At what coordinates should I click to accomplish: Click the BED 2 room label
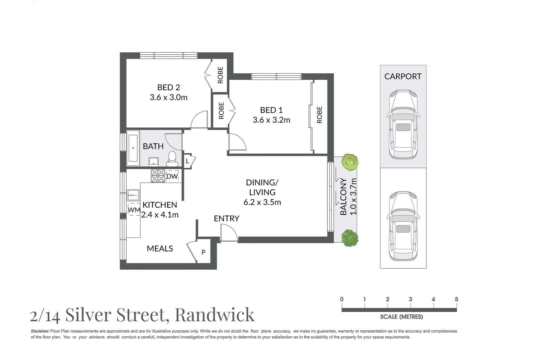[x=168, y=87]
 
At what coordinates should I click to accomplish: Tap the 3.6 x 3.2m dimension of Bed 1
[x=271, y=120]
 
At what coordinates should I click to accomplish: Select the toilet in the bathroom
[x=172, y=158]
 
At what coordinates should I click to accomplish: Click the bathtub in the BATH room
[x=133, y=148]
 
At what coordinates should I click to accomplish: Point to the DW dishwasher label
[x=172, y=176]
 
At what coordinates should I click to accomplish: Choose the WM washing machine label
[x=134, y=210]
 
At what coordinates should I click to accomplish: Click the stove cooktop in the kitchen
[x=158, y=176]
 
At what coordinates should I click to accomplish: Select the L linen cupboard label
[x=188, y=161]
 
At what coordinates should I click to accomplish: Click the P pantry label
[x=203, y=252]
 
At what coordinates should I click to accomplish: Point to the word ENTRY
[x=227, y=218]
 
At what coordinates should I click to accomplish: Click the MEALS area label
[x=160, y=249]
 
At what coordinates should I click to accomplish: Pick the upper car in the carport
[x=403, y=125]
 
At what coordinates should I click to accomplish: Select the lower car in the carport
[x=403, y=226]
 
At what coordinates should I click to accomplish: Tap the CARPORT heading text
[x=403, y=76]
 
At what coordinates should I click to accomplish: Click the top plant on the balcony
[x=350, y=162]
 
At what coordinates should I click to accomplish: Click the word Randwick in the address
[x=215, y=315]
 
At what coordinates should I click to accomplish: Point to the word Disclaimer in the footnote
[x=40, y=331]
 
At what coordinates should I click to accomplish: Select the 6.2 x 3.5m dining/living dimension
[x=262, y=202]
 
